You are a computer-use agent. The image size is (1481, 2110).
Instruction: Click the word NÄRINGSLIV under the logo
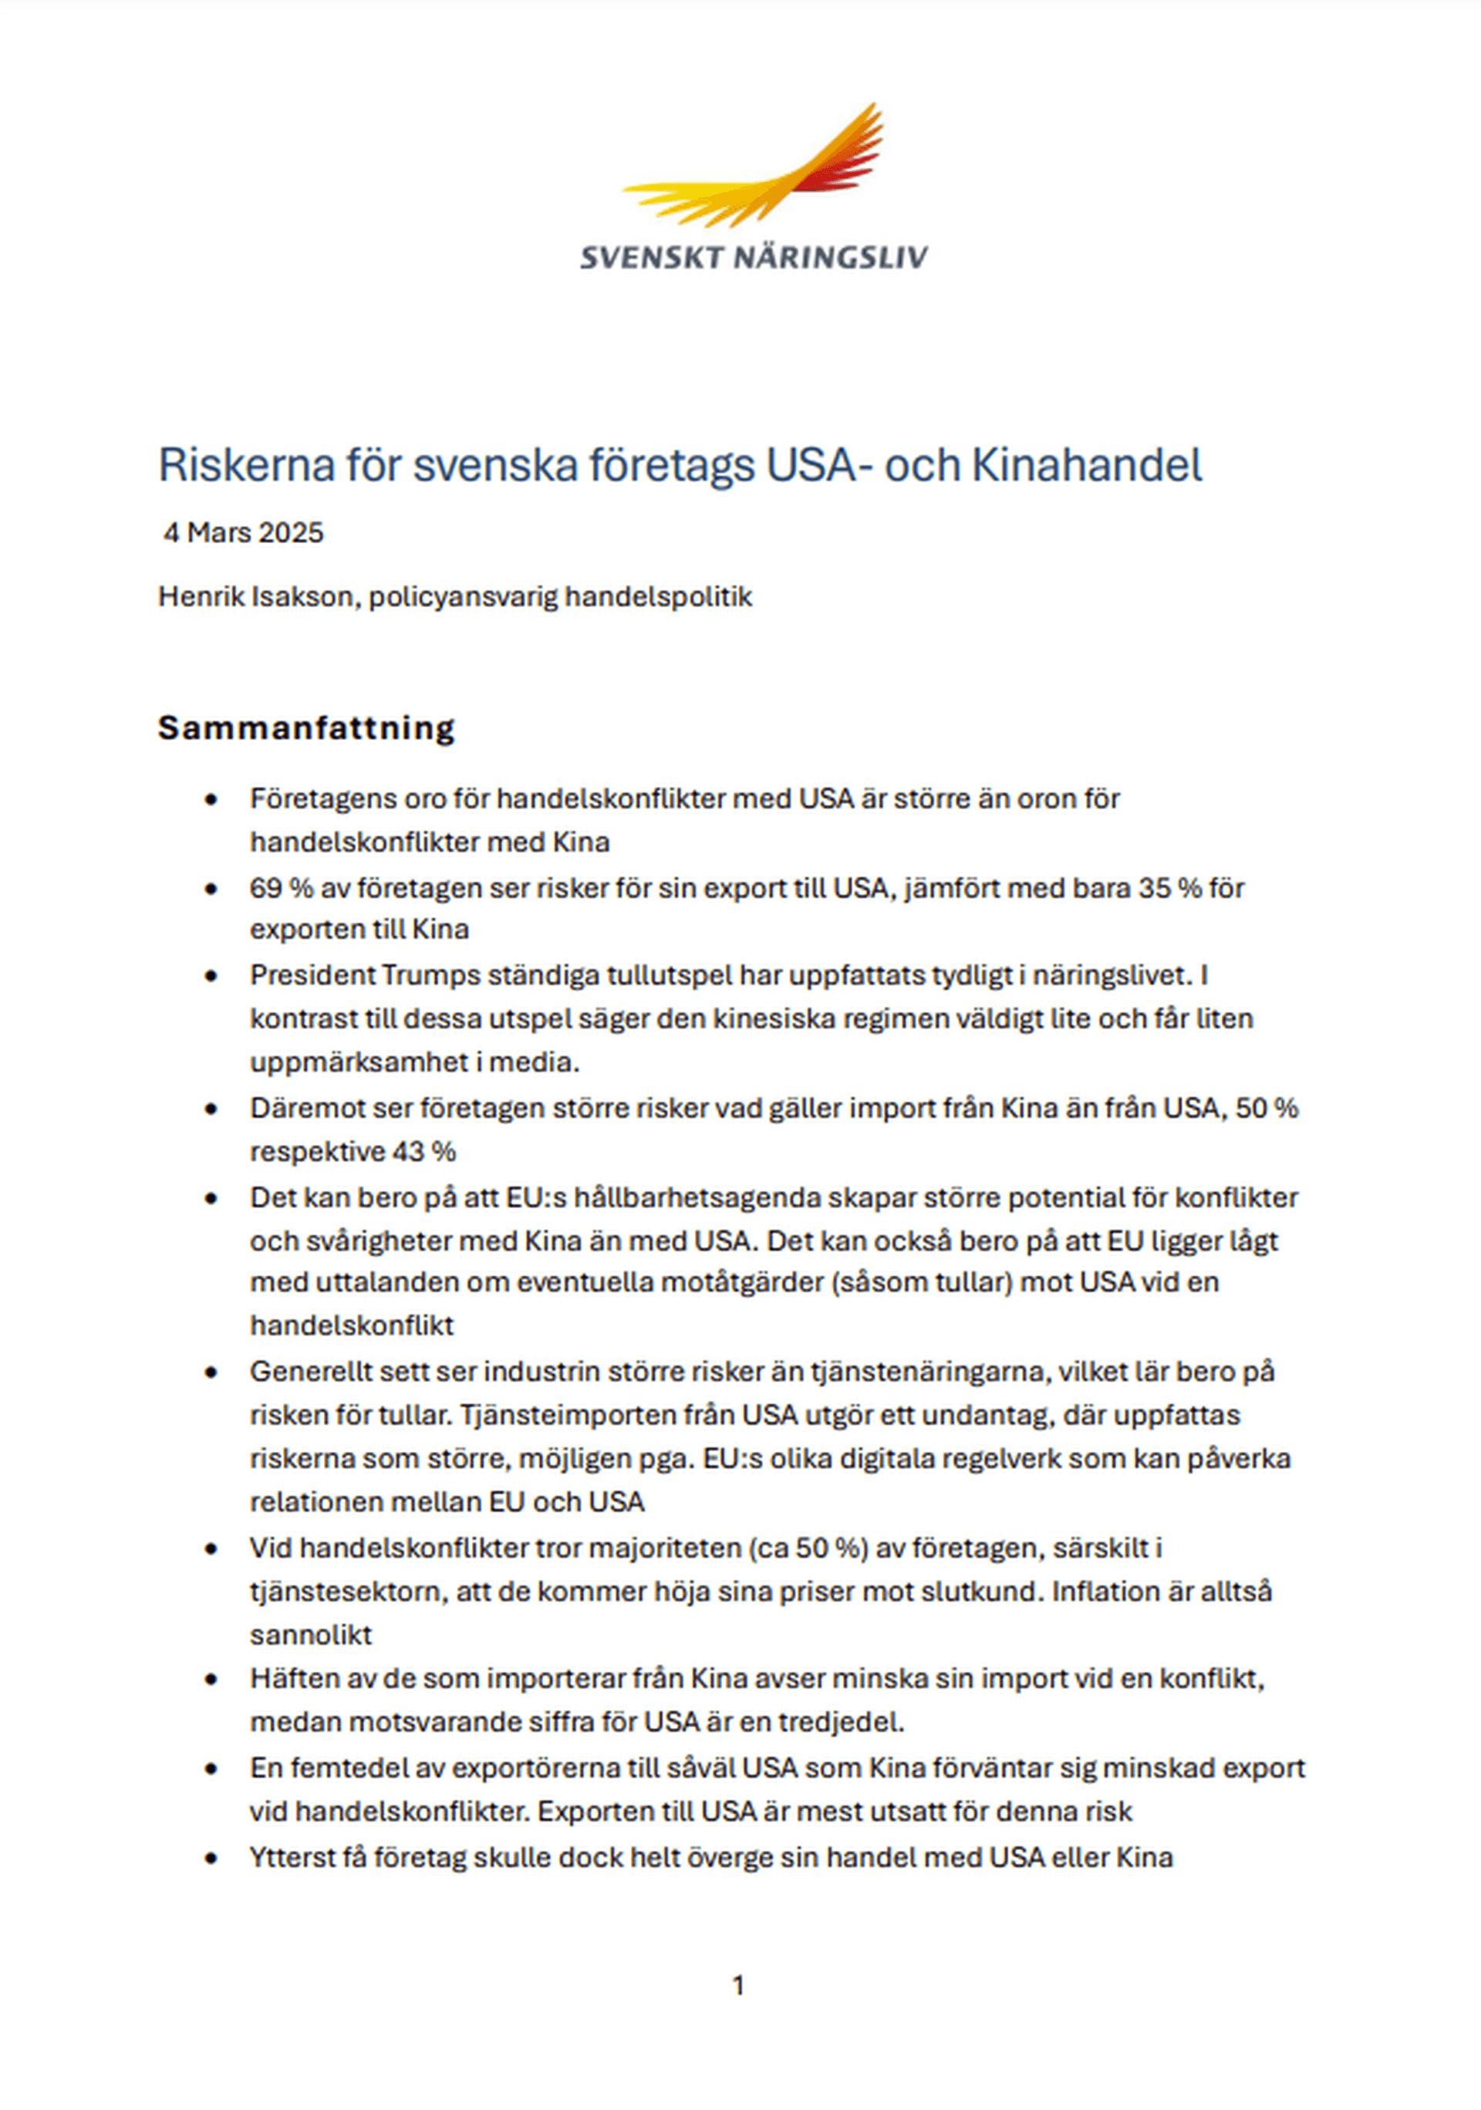(831, 258)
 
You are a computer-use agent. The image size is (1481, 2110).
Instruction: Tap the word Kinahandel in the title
(1087, 465)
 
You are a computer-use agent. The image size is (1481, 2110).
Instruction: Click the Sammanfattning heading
(306, 727)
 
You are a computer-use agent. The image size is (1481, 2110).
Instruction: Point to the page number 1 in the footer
(737, 1986)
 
